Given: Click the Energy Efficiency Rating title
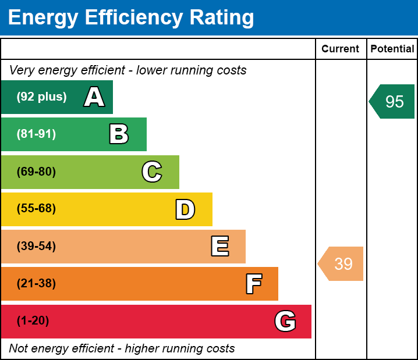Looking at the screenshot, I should click(x=131, y=18).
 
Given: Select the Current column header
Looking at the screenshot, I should click(x=341, y=49).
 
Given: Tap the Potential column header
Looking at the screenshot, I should click(x=392, y=49).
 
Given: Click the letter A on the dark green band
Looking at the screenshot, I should click(x=94, y=97).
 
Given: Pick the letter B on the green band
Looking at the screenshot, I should click(x=119, y=134).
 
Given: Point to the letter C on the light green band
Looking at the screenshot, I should click(x=152, y=172).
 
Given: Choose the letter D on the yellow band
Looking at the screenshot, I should click(x=185, y=209).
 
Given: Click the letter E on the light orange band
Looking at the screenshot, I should click(x=219, y=247).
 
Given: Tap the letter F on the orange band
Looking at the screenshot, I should click(x=253, y=284).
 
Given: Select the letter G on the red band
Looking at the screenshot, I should click(x=285, y=321).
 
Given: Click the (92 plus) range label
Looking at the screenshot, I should click(x=41, y=97).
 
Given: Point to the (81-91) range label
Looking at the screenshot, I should click(x=36, y=134).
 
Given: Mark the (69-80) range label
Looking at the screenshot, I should click(x=36, y=172).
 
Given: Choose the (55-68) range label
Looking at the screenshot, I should click(x=36, y=209).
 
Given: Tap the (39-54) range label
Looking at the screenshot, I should click(x=36, y=247).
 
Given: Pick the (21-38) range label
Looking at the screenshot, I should click(x=36, y=284).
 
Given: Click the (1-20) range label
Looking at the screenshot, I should click(x=33, y=321).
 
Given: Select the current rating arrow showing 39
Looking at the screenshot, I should click(x=342, y=264).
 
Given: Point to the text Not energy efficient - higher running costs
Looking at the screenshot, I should click(x=122, y=349).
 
